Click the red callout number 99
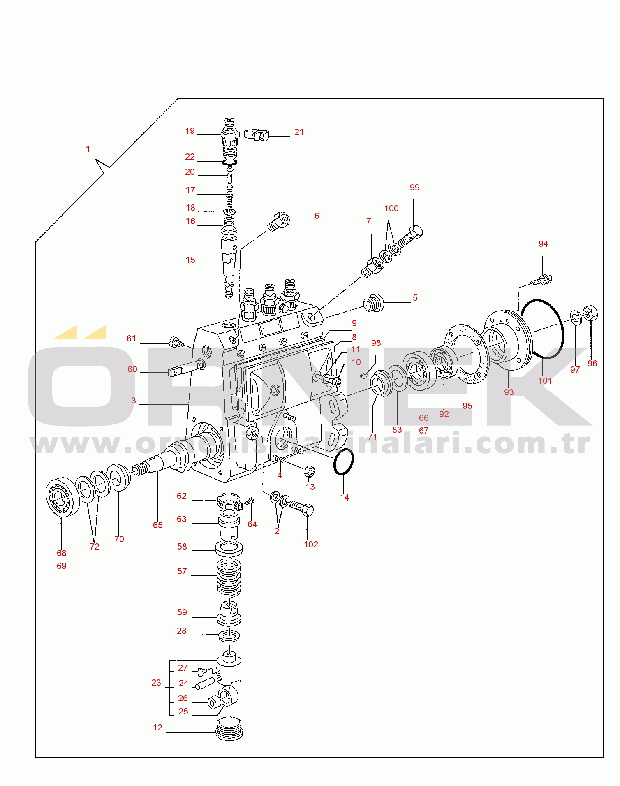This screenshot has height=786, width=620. pos(414,188)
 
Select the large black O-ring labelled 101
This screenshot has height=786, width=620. pos(562,329)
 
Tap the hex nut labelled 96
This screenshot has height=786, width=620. pos(590,313)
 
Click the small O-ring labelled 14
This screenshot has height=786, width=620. pos(343,461)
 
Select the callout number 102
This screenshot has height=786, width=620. pos(311,545)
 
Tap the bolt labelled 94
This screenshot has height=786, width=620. pos(542,280)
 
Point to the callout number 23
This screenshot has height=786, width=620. pos(156,683)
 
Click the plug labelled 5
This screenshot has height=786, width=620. pos(374,303)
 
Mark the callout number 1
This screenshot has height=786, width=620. pos(88,149)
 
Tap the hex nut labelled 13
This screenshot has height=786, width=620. pos(310,471)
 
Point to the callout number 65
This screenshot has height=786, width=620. pos(158,525)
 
